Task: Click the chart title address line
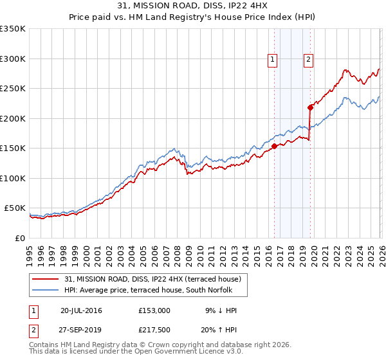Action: click(x=193, y=6)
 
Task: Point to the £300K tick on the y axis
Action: click(x=13, y=59)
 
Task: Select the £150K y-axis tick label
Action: click(x=13, y=148)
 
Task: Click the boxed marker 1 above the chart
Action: click(x=273, y=60)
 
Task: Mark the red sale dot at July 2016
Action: click(x=274, y=146)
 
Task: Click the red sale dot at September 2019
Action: click(x=310, y=107)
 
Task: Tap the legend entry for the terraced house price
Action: click(x=152, y=279)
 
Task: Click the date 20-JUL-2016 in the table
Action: click(x=81, y=310)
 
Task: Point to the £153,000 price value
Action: click(x=154, y=310)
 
